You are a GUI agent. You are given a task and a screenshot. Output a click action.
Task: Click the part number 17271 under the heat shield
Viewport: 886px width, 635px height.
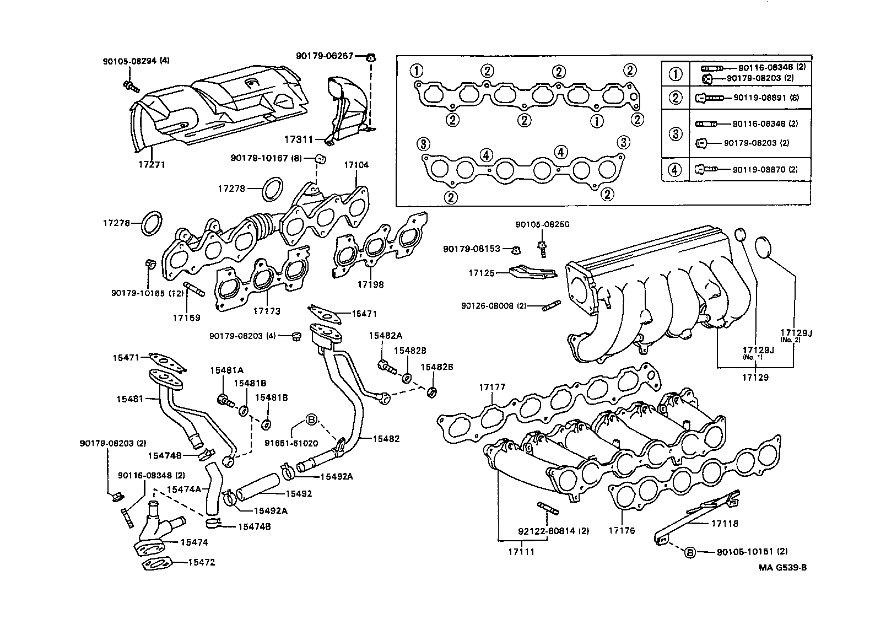pyautogui.click(x=152, y=164)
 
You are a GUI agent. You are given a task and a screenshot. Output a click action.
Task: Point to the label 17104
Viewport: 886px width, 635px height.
pyautogui.click(x=356, y=165)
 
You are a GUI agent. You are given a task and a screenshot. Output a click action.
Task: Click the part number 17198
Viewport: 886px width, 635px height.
pyautogui.click(x=370, y=284)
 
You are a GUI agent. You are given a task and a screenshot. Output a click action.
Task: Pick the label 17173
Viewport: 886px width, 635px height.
pyautogui.click(x=267, y=311)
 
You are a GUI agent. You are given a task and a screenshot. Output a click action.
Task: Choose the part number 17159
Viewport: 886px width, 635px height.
pyautogui.click(x=186, y=317)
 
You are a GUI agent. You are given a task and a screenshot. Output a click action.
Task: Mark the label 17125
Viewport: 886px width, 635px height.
pyautogui.click(x=482, y=272)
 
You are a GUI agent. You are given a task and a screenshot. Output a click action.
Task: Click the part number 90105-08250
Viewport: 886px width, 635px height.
pyautogui.click(x=542, y=224)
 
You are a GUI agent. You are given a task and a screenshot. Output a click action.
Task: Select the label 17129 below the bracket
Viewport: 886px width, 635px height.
pyautogui.click(x=755, y=378)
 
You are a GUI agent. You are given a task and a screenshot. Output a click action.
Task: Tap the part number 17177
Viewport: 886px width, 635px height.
pyautogui.click(x=492, y=388)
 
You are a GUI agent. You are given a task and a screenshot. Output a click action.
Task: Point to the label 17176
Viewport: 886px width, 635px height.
pyautogui.click(x=622, y=531)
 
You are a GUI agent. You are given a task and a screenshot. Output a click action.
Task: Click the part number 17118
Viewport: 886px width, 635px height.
pyautogui.click(x=725, y=523)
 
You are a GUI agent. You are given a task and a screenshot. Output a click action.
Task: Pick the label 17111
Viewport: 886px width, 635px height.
pyautogui.click(x=521, y=551)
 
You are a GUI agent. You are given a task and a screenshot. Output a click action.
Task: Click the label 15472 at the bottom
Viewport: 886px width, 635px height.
pyautogui.click(x=201, y=562)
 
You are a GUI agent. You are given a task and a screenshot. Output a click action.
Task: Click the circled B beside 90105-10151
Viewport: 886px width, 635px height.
pyautogui.click(x=690, y=552)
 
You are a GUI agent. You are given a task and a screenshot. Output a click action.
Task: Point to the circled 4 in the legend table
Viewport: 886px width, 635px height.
pyautogui.click(x=675, y=170)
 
